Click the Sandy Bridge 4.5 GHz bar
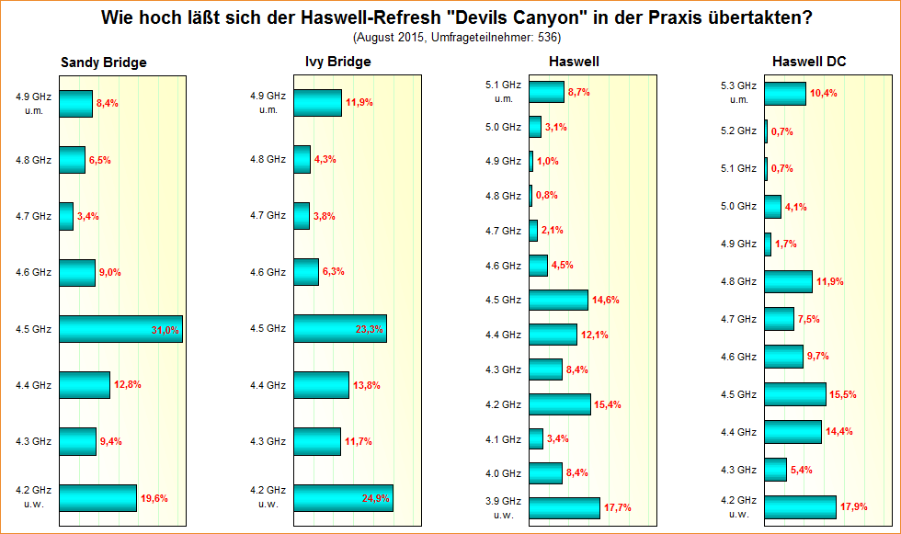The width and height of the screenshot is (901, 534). coord(120,329)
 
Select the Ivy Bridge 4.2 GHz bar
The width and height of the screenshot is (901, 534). coord(343,498)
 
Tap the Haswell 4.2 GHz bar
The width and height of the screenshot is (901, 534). coord(560,404)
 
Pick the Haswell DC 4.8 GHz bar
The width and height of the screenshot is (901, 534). coord(788,281)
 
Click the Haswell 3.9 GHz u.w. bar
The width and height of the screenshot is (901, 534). coord(565,507)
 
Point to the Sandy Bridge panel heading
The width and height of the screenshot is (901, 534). coord(103,62)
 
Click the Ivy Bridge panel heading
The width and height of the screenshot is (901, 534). coord(337,62)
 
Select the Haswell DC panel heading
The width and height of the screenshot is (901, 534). coord(809,62)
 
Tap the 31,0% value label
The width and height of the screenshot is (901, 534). coord(165,330)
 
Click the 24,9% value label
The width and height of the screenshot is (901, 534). coord(376,499)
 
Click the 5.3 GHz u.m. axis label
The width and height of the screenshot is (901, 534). coord(739,93)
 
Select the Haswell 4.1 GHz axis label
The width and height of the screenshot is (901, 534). coord(503,439)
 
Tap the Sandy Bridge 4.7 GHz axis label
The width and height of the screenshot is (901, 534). coord(33,216)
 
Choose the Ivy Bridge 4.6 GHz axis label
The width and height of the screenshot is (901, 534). coord(268,272)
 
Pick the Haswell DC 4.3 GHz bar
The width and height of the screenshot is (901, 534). coord(775,470)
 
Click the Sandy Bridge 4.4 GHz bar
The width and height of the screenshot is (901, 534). coord(85,385)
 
